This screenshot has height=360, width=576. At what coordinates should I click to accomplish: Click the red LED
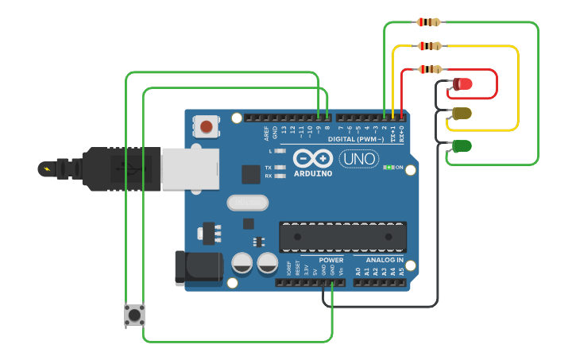pyautogui.click(x=463, y=83)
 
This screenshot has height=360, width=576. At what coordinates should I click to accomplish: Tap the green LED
pyautogui.click(x=462, y=146)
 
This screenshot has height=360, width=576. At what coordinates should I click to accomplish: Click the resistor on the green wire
pyautogui.click(x=428, y=22)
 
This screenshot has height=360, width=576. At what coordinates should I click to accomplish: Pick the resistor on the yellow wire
pyautogui.click(x=428, y=46)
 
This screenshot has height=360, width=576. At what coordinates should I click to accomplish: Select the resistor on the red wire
pyautogui.click(x=430, y=70)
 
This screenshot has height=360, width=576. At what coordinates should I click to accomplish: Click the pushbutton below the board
pyautogui.click(x=134, y=315)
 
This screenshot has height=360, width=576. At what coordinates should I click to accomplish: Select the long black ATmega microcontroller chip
pyautogui.click(x=342, y=236)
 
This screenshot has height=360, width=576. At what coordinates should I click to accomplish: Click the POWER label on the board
pyautogui.click(x=331, y=260)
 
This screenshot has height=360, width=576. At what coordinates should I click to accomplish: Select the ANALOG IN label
pyautogui.click(x=384, y=260)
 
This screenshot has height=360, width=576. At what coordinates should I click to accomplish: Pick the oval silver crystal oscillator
pyautogui.click(x=248, y=203)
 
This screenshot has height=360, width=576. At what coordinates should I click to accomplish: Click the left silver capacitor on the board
pyautogui.click(x=242, y=263)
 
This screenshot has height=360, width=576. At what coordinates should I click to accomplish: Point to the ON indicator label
pyautogui.click(x=400, y=168)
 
